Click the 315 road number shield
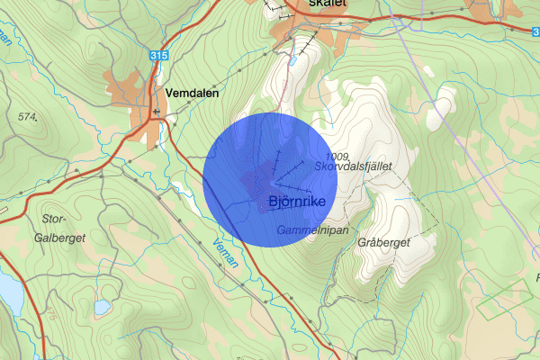click(x=159, y=57)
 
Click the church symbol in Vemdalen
click(x=156, y=112)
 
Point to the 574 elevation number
click(x=27, y=116)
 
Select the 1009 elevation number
click(x=338, y=157)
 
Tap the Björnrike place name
click(x=296, y=201)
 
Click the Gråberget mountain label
click(x=383, y=243)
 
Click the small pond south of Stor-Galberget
click(x=102, y=306)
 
